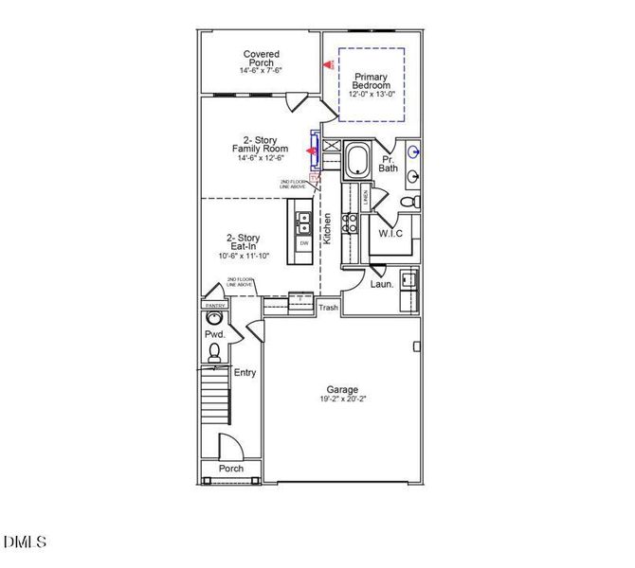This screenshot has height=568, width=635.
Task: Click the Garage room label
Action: [342, 389]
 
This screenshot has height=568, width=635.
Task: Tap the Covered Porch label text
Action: [261, 60]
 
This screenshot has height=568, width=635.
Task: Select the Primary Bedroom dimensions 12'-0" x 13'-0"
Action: [372, 95]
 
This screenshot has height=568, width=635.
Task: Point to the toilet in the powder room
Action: [214, 352]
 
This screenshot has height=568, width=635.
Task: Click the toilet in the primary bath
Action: [408, 202]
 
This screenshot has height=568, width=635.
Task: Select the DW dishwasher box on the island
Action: [304, 243]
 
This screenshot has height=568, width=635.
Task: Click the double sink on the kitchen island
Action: [304, 223]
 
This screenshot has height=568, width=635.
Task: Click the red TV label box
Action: [316, 175]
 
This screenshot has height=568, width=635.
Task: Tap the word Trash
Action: [328, 308]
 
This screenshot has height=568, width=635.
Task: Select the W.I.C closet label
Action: [391, 233]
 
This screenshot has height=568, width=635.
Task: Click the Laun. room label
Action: [381, 283]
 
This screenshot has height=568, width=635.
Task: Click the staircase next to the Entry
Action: [214, 398]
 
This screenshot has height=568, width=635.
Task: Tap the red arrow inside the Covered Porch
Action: [328, 64]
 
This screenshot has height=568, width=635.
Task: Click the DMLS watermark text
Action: [25, 542]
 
